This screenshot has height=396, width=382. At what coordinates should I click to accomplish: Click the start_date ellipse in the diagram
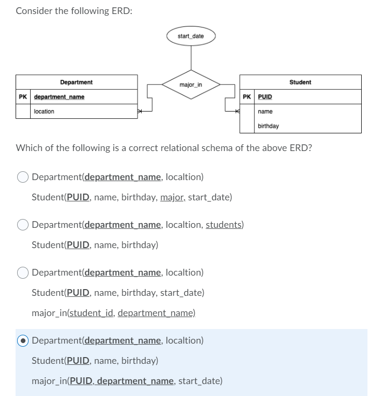click(190, 36)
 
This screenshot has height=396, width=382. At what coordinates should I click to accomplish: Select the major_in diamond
click(190, 84)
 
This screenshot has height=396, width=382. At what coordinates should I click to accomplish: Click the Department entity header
click(76, 82)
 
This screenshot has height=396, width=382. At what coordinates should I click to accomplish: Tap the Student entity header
click(300, 82)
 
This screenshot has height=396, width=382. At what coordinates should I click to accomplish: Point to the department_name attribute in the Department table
click(59, 97)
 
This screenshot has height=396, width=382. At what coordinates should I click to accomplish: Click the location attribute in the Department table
click(44, 112)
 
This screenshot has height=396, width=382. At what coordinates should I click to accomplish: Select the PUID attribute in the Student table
click(265, 97)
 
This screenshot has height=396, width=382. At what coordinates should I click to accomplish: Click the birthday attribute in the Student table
click(268, 126)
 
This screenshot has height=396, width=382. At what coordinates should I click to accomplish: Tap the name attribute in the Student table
click(265, 112)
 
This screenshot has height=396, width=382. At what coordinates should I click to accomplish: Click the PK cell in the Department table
click(23, 97)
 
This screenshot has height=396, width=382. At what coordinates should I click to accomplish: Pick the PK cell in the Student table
click(247, 97)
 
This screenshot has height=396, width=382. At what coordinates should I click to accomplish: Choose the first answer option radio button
click(23, 177)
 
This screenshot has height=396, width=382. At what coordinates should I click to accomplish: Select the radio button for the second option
click(23, 225)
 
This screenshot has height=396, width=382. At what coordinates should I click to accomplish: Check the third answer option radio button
click(23, 272)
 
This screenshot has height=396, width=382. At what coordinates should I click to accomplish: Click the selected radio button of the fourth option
click(23, 341)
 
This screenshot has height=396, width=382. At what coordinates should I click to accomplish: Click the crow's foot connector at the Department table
click(140, 111)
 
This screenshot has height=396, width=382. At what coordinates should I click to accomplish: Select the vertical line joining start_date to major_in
click(190, 57)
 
